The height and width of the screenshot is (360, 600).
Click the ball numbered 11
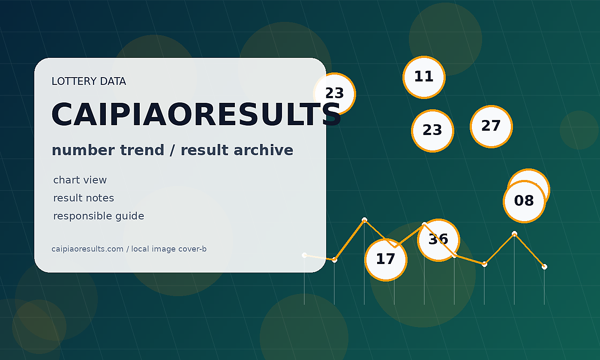tap(424, 78)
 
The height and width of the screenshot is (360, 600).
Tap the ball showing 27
tap(491, 127)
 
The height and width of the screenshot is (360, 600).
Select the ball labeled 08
tap(524, 201)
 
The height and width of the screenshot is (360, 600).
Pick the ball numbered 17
tap(386, 260)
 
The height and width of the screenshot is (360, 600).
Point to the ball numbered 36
tap(438, 240)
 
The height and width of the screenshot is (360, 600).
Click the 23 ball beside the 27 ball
tap(432, 131)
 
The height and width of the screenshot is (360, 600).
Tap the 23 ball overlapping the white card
tap(334, 94)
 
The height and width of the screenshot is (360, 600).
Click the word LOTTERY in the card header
tap(74, 81)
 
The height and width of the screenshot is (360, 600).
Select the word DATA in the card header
tap(113, 81)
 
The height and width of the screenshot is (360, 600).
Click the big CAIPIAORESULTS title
tap(196, 115)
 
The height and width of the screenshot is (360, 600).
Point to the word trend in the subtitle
tap(142, 150)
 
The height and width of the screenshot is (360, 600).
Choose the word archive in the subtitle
tap(264, 150)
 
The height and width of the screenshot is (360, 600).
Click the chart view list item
tap(80, 180)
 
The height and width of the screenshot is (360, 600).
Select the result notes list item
tap(84, 198)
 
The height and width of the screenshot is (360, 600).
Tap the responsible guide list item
tap(99, 216)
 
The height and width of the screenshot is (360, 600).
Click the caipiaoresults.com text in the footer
tap(87, 249)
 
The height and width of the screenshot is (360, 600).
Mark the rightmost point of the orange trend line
tap(544, 267)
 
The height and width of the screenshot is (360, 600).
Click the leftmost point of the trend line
tap(304, 255)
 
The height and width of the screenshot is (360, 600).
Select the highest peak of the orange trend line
tap(364, 220)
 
